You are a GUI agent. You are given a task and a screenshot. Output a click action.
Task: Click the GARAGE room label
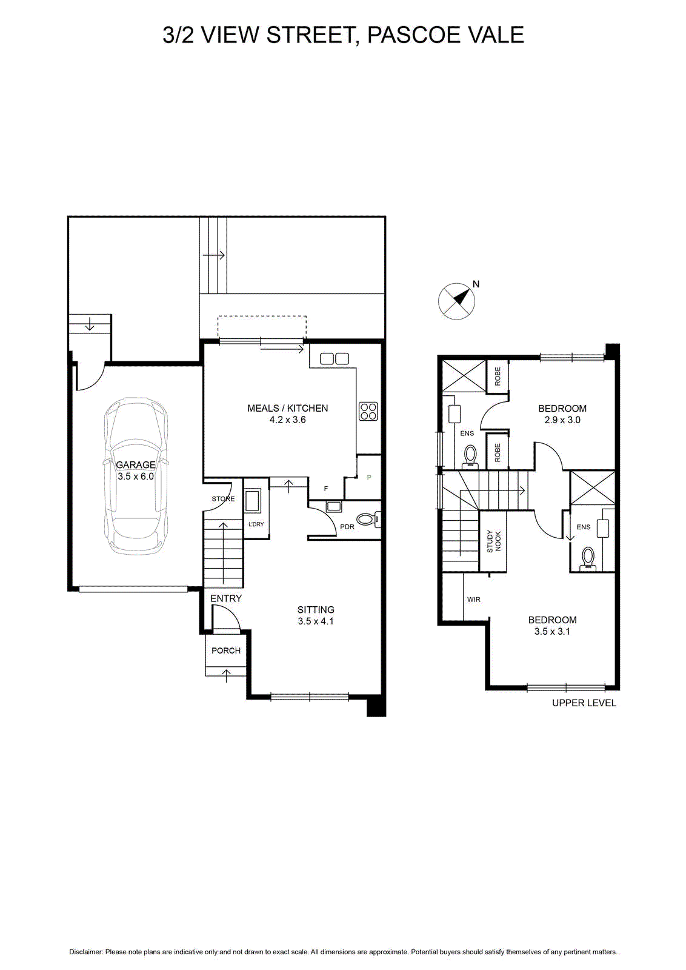[136, 464]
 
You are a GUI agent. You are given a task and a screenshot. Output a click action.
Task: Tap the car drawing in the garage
[136, 476]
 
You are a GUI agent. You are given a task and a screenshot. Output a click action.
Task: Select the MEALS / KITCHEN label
[287, 408]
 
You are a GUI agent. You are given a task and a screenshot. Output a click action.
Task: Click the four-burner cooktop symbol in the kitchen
[368, 412]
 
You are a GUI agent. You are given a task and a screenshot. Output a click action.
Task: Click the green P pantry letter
[369, 478]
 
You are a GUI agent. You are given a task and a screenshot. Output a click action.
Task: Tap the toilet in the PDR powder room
[368, 519]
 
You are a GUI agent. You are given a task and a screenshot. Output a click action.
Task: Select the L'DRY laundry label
[256, 524]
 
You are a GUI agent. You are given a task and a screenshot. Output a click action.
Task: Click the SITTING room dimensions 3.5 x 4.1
[316, 621]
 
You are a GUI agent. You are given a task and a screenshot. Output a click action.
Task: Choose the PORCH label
[226, 651]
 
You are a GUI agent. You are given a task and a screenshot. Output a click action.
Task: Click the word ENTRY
[226, 598]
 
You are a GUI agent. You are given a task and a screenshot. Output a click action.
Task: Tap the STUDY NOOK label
[493, 541]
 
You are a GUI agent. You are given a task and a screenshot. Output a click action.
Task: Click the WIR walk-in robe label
[473, 600]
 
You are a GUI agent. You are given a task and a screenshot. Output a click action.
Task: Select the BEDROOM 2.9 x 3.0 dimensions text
[562, 420]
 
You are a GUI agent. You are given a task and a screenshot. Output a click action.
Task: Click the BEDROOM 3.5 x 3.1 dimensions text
[552, 631]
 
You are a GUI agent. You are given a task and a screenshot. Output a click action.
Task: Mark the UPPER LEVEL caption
[584, 703]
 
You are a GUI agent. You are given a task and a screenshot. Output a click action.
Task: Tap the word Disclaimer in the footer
[85, 952]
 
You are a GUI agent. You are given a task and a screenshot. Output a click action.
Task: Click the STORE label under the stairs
[224, 499]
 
